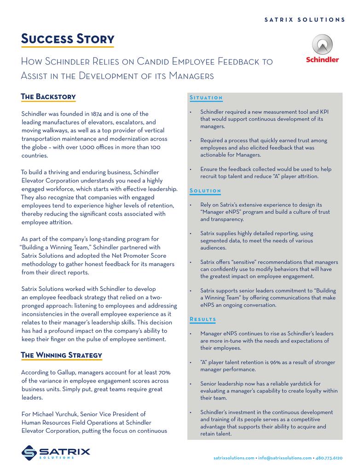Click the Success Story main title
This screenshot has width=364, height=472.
pyautogui.click(x=68, y=39)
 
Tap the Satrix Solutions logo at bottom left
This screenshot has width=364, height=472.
pyautogui.click(x=55, y=452)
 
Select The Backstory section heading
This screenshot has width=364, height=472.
pyautogui.click(x=48, y=97)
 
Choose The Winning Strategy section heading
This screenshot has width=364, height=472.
pyautogui.click(x=62, y=355)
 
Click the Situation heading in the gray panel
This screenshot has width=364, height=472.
pyautogui.click(x=206, y=98)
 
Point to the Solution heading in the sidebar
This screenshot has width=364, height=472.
pyautogui.click(x=205, y=191)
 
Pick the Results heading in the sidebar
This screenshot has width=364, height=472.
pyautogui.click(x=203, y=319)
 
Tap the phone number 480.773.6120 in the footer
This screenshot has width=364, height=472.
pyautogui.click(x=329, y=458)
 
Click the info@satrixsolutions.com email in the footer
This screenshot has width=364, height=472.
pyautogui.click(x=284, y=458)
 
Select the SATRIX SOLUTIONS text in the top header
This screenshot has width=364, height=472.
pyautogui.click(x=305, y=20)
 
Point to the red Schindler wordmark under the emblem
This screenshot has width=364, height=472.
pyautogui.click(x=322, y=59)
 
